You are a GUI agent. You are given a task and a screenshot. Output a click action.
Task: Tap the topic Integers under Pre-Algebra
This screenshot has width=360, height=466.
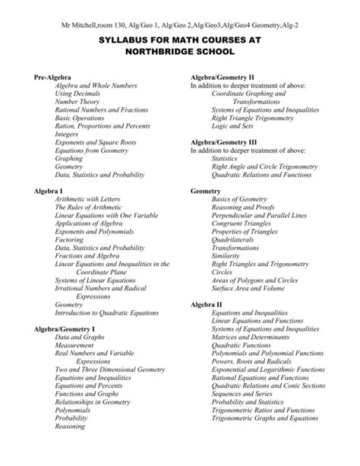[x=68, y=132]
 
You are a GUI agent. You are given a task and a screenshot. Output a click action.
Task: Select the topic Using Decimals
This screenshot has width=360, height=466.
[x=77, y=94]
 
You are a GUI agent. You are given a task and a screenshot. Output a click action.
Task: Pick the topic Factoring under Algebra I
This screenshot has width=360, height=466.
[x=70, y=239]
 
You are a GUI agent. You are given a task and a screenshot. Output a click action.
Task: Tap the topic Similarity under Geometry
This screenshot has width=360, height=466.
[x=226, y=256]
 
